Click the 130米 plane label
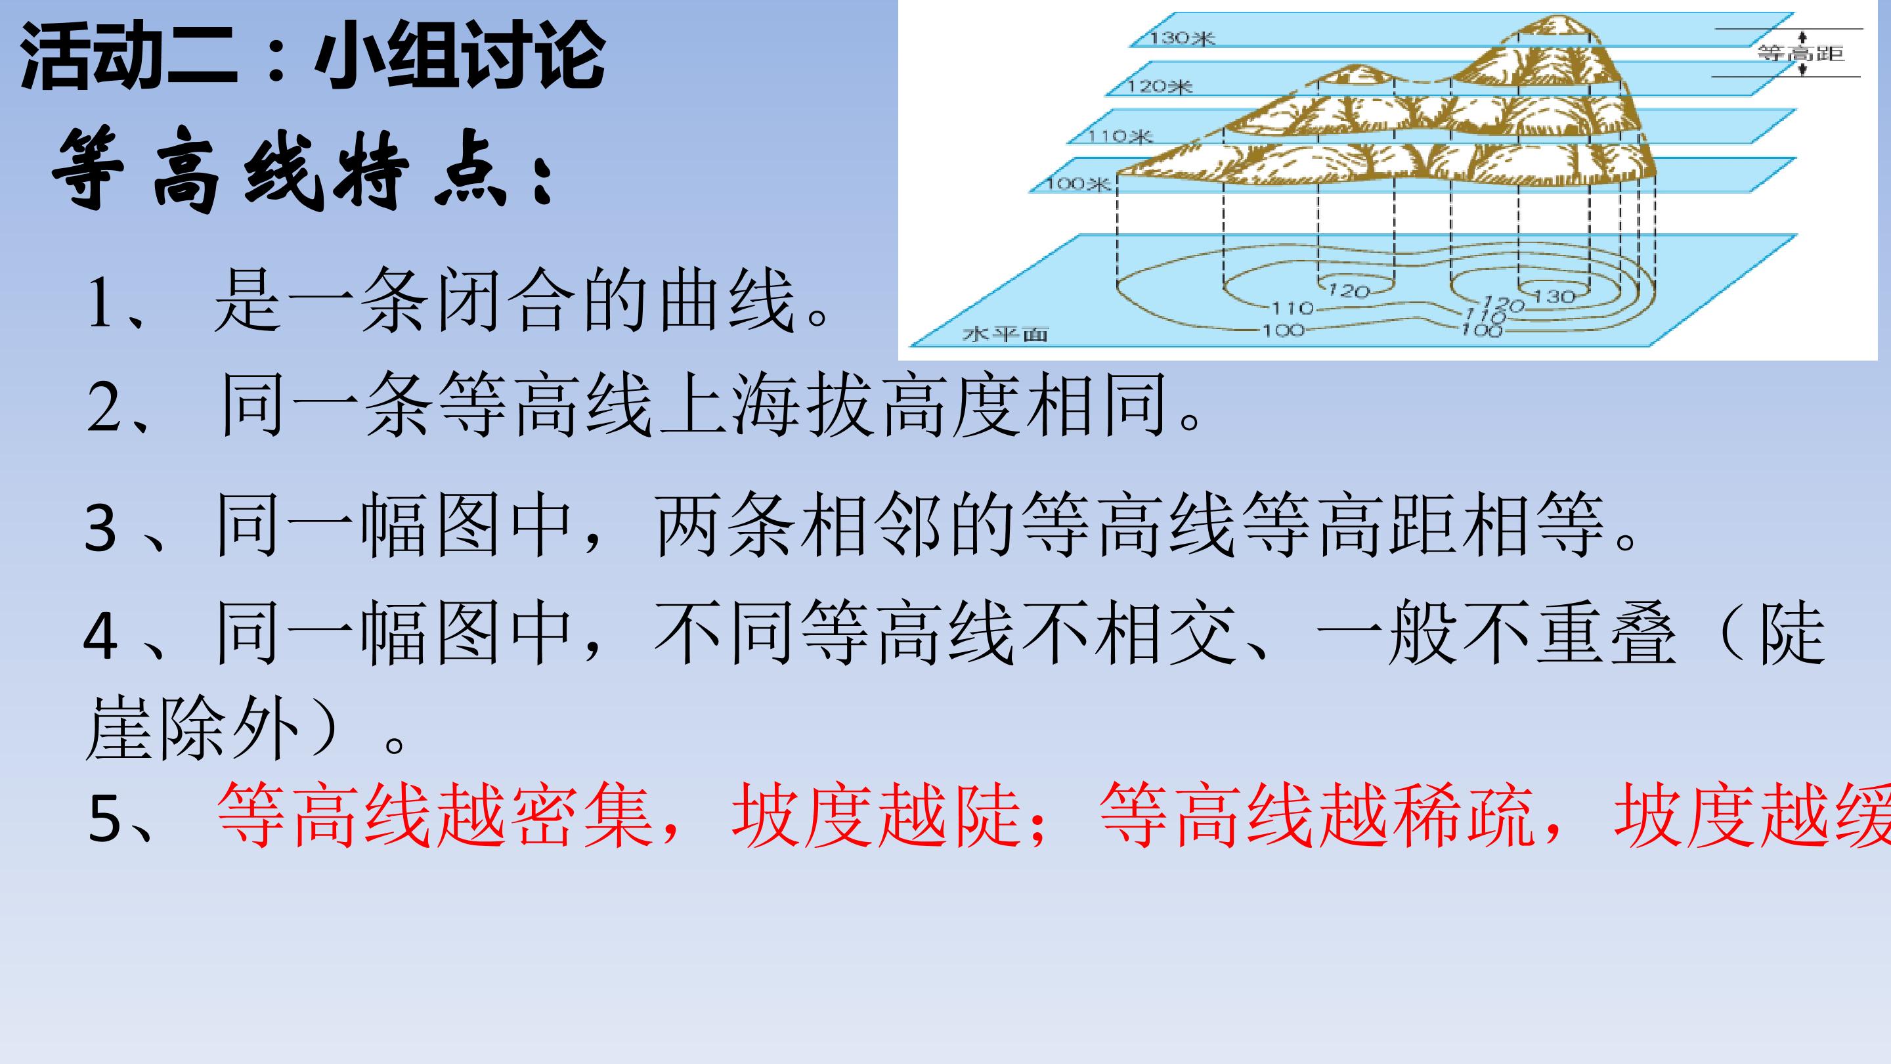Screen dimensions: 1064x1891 pyautogui.click(x=1182, y=37)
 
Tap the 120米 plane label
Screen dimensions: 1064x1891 pyautogui.click(x=1160, y=87)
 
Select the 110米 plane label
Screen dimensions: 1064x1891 pyautogui.click(x=1120, y=136)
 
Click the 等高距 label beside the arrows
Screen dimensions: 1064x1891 pyautogui.click(x=1800, y=53)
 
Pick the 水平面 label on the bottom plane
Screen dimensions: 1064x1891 pyautogui.click(x=1005, y=335)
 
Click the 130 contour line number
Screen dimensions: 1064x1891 pyautogui.click(x=1554, y=297)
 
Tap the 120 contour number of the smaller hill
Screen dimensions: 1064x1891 pyautogui.click(x=1349, y=292)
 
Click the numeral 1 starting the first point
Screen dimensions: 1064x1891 pyautogui.click(x=99, y=303)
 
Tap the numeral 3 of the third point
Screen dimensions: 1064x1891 pyautogui.click(x=100, y=527)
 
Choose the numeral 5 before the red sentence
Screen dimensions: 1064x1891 pyautogui.click(x=104, y=819)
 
